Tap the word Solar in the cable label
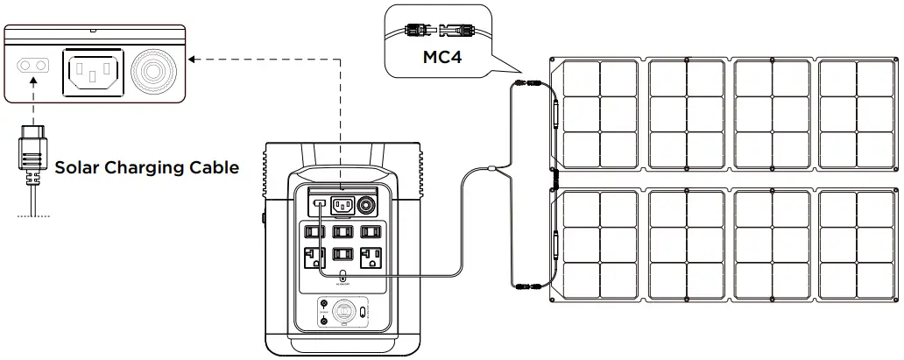click(x=78, y=167)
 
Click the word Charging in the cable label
click(x=149, y=167)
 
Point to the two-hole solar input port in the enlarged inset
click(x=32, y=67)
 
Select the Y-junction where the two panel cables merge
click(x=493, y=168)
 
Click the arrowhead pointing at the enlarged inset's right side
click(x=195, y=59)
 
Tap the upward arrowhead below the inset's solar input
click(x=32, y=84)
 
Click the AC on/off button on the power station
click(x=343, y=279)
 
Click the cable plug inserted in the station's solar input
click(x=321, y=206)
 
